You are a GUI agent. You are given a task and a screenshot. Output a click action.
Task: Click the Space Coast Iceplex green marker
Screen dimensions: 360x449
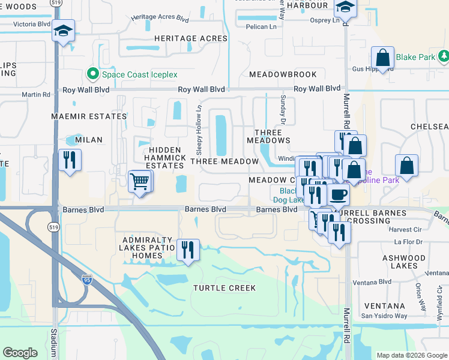(x=93, y=74)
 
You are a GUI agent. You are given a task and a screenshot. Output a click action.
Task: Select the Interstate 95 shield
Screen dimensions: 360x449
(x=86, y=278)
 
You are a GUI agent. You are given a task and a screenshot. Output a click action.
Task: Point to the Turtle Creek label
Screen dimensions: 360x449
(x=224, y=288)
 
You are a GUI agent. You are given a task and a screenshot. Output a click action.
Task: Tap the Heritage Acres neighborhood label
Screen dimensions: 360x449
(x=191, y=38)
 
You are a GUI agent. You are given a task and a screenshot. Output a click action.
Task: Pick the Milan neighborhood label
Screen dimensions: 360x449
(x=89, y=140)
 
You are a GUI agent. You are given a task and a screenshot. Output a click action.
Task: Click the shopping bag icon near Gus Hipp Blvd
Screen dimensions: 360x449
(x=382, y=58)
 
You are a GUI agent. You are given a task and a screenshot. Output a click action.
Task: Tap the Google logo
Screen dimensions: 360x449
(x=20, y=353)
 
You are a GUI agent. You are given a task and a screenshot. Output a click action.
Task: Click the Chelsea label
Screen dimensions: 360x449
(x=429, y=127)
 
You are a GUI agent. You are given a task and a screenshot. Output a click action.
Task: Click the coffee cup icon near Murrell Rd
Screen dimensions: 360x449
(x=337, y=194)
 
